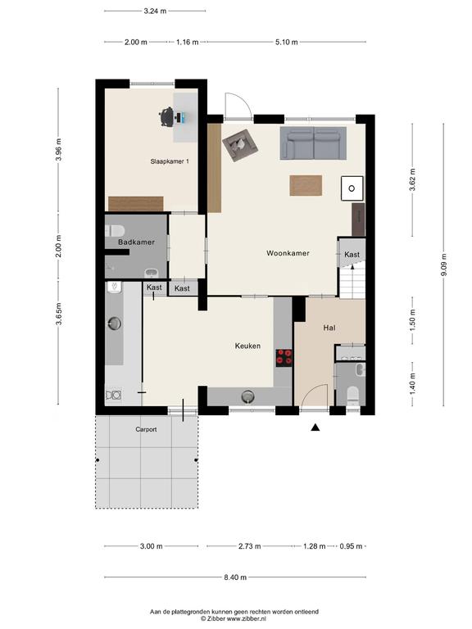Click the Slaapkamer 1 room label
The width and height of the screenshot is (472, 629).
coord(170,161)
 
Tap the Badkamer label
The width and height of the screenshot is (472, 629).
coord(136,242)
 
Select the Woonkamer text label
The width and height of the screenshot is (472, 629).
coord(288,253)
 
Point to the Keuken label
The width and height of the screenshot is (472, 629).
coord(247,346)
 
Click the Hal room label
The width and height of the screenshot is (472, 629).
coord(329,328)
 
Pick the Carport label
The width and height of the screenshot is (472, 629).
coord(146,429)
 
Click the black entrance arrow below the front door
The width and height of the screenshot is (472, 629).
coord(315,428)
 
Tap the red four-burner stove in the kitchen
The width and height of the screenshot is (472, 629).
coord(284,357)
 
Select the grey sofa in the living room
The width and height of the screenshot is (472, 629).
coord(313,143)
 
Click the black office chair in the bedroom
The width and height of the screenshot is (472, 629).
coord(167,117)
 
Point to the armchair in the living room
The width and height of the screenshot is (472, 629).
coord(239,147)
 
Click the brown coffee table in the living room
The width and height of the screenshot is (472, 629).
coord(306,185)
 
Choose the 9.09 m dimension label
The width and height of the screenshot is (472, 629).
coord(443,265)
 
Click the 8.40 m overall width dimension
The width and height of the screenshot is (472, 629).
coord(235,577)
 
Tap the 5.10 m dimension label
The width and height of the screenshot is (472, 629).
coord(287,42)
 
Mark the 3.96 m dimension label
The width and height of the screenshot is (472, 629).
coord(59,150)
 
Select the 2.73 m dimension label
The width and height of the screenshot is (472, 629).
coord(250,546)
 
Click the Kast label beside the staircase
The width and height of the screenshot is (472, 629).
coord(352,255)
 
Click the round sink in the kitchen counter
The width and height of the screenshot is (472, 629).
coord(248,396)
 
